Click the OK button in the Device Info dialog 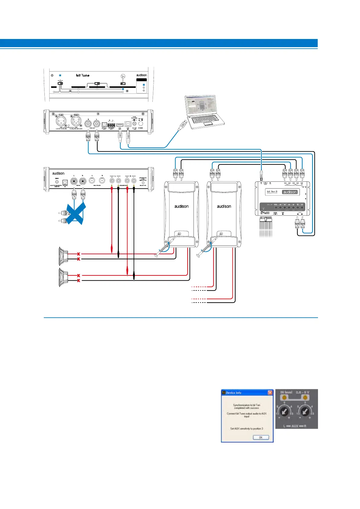(261, 437)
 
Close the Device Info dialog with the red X (270, 393)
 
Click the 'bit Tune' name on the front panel (83, 75)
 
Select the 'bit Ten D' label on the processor (272, 192)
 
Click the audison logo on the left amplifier (181, 206)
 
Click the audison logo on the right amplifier (224, 206)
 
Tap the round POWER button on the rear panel (141, 123)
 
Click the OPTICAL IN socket (65, 182)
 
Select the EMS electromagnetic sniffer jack (57, 182)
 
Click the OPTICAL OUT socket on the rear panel (104, 125)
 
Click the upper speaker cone (63, 256)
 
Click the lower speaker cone (63, 277)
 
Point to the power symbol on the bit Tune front (52, 75)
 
